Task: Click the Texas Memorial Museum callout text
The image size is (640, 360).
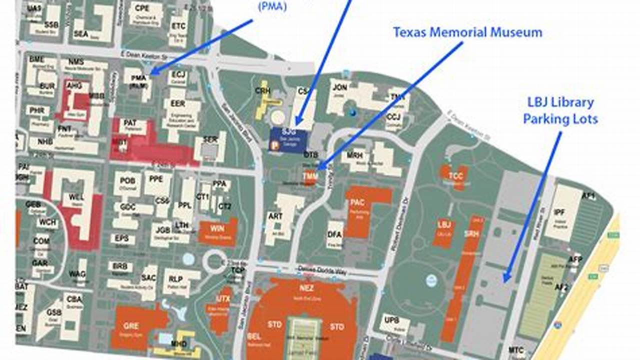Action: tap(467, 32)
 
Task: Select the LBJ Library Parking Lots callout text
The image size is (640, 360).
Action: tap(560, 111)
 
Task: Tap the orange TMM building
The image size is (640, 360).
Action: tap(310, 176)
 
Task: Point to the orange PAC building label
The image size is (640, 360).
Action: tap(357, 202)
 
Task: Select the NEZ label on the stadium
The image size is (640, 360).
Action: tap(306, 288)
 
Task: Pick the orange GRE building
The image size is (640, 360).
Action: tap(131, 326)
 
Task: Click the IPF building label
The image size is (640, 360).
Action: tap(559, 212)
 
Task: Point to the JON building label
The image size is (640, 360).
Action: tap(340, 88)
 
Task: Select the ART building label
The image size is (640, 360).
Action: tap(275, 216)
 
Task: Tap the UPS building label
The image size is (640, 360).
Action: tap(391, 319)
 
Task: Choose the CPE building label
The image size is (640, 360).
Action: tap(142, 8)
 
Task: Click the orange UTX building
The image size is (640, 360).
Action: tap(223, 299)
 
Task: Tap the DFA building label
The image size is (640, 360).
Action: tap(335, 233)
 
